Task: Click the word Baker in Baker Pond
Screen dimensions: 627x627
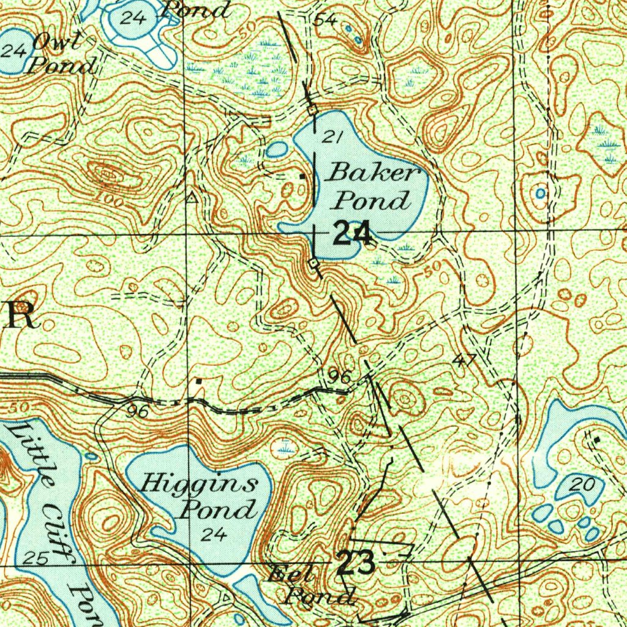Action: coord(373,173)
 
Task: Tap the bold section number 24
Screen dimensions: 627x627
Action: coord(352,234)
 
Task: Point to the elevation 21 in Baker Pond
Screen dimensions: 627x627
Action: coord(331,137)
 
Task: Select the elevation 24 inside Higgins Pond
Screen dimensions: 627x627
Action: coord(214,535)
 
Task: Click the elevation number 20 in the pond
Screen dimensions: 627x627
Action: coord(582,486)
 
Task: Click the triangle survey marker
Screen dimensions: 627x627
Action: coord(192,197)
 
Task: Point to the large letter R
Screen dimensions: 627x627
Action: coord(20,315)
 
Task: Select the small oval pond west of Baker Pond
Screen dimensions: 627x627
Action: coord(277,149)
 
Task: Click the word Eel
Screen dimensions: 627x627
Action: coord(293,575)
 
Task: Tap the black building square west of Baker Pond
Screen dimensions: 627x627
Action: coord(302,176)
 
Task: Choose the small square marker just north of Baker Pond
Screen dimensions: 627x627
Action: coord(313,110)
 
